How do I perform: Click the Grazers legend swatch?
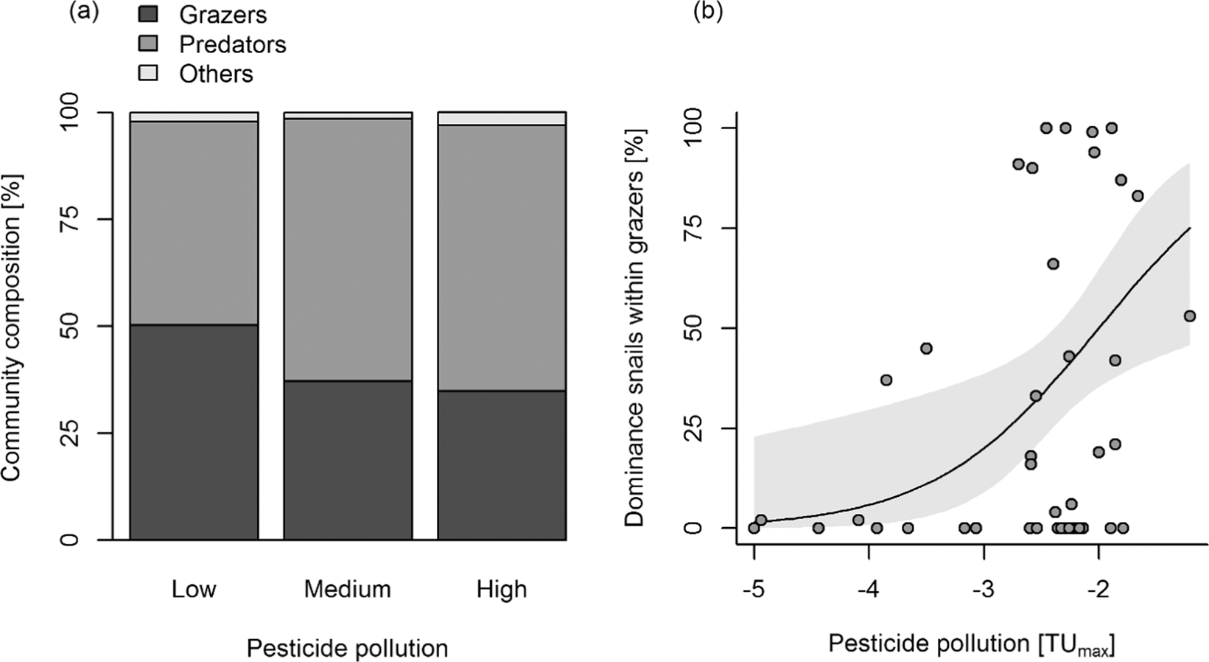tap(148, 13)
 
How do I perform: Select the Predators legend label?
tap(232, 44)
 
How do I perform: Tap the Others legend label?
tap(216, 74)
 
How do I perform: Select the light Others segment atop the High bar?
tap(502, 119)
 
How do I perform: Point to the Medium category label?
tap(348, 589)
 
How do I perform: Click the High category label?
tap(502, 589)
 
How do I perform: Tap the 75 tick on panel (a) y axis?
tap(69, 219)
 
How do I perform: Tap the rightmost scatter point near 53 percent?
tap(1189, 316)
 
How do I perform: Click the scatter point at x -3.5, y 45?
tap(926, 348)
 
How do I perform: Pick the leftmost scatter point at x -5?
tap(754, 528)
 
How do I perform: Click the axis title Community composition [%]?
tap(13, 327)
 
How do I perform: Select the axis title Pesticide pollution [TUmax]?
tap(971, 644)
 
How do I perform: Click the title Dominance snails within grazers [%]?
tap(635, 328)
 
